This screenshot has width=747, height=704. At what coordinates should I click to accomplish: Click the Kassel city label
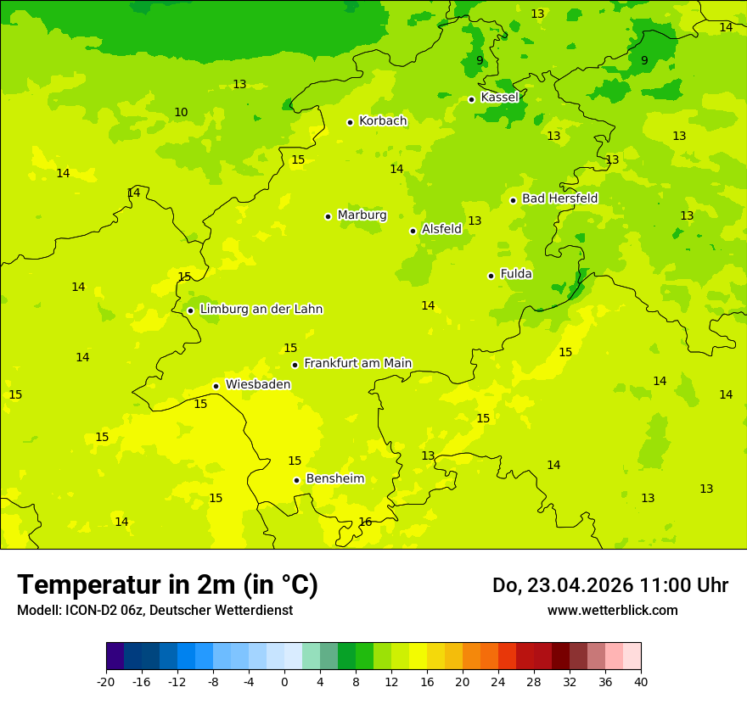(499, 98)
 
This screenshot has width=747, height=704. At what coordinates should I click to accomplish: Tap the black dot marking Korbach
(350, 122)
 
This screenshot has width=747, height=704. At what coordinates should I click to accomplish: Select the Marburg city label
(362, 215)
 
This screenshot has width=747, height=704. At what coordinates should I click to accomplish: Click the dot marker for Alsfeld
(413, 231)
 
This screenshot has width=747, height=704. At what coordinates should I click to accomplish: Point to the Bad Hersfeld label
(559, 198)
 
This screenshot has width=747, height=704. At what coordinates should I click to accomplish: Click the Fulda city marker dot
(491, 276)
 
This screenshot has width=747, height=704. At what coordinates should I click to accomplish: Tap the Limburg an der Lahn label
(261, 310)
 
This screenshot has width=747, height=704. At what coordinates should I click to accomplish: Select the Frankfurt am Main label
(357, 363)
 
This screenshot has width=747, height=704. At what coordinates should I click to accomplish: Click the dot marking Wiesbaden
(216, 386)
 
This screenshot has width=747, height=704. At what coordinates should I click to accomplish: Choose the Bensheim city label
(334, 478)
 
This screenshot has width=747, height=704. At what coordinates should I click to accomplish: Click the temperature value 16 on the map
(365, 522)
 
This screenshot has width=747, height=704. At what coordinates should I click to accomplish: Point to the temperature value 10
(181, 112)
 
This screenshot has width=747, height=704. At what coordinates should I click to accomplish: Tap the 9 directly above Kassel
(480, 60)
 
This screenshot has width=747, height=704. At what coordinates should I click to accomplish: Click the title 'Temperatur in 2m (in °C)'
(167, 585)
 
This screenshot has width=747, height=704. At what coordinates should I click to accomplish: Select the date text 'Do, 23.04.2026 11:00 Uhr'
(609, 585)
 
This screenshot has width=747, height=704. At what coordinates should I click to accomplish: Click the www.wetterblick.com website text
(612, 610)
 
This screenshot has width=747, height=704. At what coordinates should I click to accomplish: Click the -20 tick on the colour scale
(106, 682)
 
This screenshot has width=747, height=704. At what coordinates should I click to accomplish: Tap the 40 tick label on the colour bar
(641, 682)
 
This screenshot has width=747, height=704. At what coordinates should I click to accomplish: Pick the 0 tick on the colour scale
(284, 682)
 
